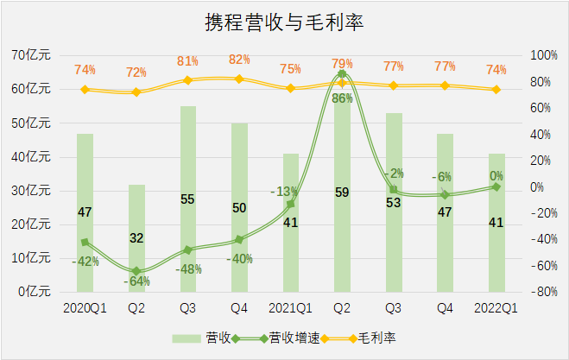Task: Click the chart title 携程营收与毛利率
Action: click(x=284, y=22)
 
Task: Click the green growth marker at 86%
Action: click(x=342, y=74)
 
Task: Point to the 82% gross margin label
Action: click(x=239, y=60)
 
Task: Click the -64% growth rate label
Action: click(x=136, y=281)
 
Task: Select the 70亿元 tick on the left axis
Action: click(x=31, y=54)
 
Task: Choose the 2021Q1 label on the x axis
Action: click(x=290, y=307)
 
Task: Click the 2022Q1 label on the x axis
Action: click(x=496, y=307)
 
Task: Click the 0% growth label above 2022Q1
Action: click(x=496, y=175)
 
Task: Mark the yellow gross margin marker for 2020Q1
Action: click(x=85, y=89)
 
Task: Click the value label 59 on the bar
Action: click(x=342, y=193)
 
